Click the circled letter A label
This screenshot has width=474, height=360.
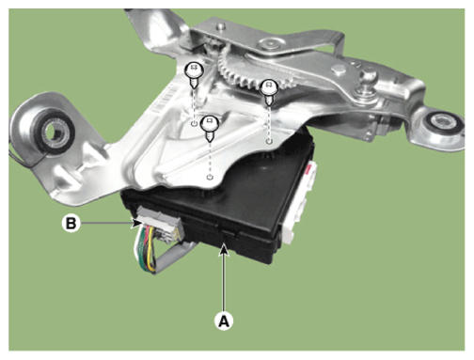click(224, 321)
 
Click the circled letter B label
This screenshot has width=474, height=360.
click(71, 223)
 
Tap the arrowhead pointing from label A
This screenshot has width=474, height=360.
click(223, 249)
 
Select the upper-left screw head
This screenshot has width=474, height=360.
click(194, 70)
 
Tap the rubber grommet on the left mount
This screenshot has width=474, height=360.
click(54, 132)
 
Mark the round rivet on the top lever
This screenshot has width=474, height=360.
click(270, 43)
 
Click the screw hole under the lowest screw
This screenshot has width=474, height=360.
click(210, 178)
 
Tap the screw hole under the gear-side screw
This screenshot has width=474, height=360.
click(269, 141)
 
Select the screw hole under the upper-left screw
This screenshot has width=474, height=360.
click(195, 123)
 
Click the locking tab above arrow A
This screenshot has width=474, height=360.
click(227, 234)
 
